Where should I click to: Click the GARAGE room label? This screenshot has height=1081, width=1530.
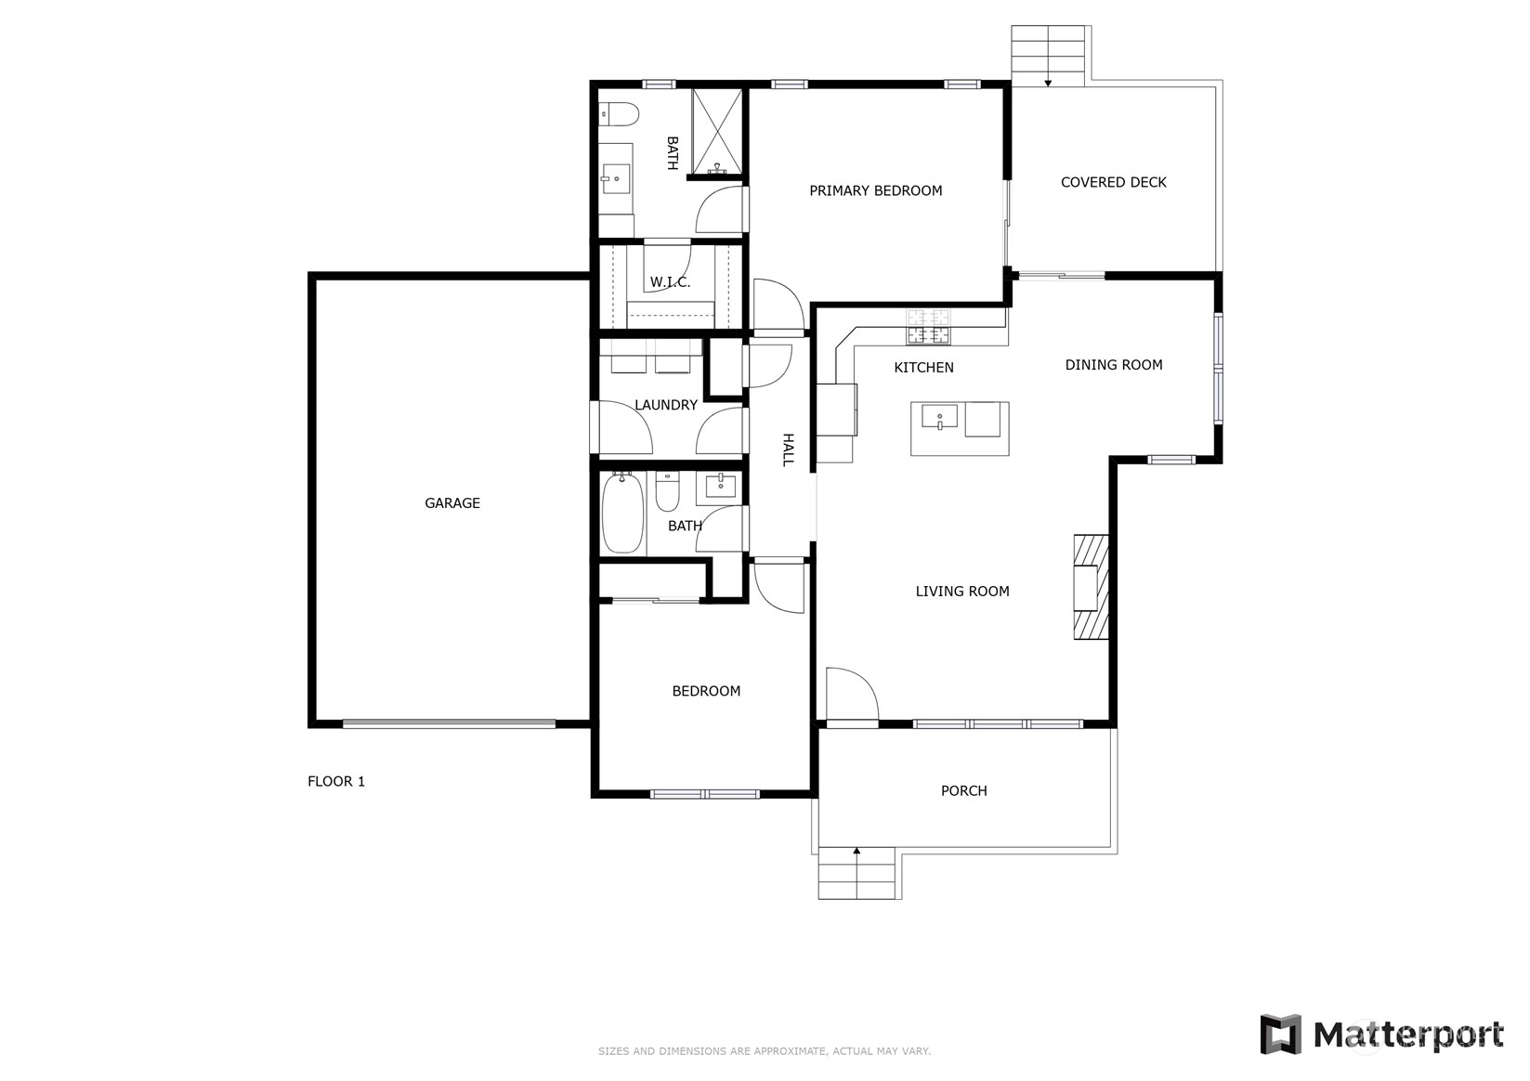452,503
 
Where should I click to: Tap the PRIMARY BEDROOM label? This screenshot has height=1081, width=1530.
876,191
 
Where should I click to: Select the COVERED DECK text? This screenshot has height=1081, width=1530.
1113,182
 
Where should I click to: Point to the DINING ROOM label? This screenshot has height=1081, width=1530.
1113,365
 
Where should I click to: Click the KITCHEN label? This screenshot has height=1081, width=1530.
923,368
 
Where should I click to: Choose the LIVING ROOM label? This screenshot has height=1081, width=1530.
962,592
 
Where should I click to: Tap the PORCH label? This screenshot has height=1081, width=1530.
963,790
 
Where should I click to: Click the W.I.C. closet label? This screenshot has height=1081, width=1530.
670,282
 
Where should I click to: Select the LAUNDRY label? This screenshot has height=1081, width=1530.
666,405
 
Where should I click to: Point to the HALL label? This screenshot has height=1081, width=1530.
788,450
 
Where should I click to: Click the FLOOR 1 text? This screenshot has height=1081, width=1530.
336,781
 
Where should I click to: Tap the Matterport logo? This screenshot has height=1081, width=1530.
1381,1035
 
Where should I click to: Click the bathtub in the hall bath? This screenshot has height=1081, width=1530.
623,512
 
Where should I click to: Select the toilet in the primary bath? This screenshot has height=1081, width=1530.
618,114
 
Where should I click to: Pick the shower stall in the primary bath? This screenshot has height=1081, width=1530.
716,131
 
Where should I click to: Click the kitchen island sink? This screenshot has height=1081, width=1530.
939,417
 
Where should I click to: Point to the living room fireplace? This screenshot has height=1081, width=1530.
1091,587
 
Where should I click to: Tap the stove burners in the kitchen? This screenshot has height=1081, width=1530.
928,326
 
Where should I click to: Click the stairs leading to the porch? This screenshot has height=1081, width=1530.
857,873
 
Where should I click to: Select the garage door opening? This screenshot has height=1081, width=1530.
449,723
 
